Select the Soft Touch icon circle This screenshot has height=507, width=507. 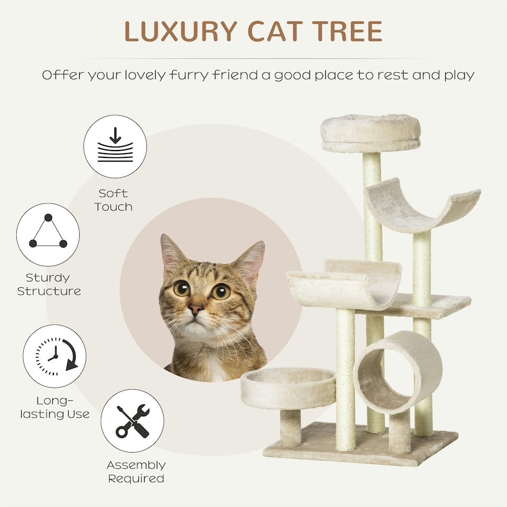point(115,146)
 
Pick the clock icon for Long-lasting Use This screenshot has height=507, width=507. point(54,356)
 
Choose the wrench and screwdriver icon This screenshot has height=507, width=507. point(132,421)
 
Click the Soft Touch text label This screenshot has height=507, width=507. point(113,200)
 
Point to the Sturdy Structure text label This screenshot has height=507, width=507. point(49,284)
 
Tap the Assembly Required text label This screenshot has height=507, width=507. point(136,472)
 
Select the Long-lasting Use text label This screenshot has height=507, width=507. point(55,407)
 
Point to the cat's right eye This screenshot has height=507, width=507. point(220,291)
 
